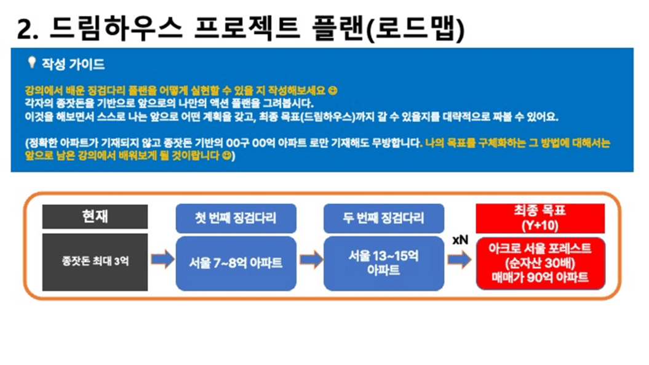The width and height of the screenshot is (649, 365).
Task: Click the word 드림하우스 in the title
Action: [116, 28]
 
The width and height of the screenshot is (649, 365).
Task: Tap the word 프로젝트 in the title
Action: [247, 28]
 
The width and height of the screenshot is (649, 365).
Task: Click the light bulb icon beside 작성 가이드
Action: [31, 63]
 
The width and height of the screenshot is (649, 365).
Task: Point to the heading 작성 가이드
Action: [73, 64]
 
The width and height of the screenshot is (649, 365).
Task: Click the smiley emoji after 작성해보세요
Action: [332, 90]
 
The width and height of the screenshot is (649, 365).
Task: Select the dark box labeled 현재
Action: [95, 216]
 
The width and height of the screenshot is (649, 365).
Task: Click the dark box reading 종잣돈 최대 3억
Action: [95, 262]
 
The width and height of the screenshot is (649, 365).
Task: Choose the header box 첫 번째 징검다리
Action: [236, 219]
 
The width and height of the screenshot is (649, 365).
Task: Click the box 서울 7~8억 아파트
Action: [236, 263]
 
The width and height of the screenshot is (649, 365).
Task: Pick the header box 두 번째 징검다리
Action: [384, 219]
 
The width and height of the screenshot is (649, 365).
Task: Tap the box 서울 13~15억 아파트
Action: [384, 263]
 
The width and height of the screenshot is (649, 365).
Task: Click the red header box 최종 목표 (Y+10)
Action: [540, 219]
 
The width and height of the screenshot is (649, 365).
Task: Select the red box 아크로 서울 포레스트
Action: [541, 263]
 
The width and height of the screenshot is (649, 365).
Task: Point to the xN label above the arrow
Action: [460, 240]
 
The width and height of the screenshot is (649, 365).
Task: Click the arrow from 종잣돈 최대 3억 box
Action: [162, 260]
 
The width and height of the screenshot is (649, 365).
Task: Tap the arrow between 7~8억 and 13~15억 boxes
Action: [311, 260]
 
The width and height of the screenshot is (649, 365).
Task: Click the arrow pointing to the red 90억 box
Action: [460, 260]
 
